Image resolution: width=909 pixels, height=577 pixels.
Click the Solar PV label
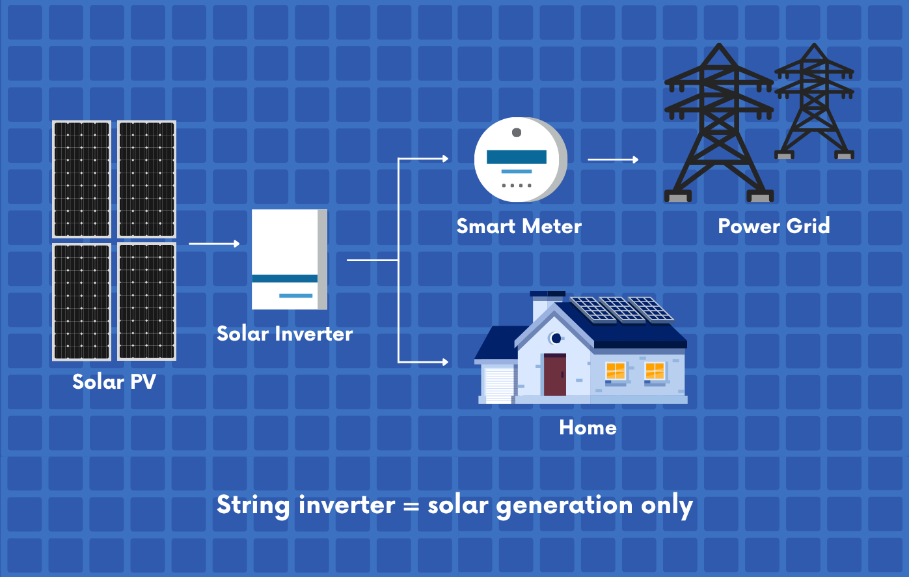[114, 381]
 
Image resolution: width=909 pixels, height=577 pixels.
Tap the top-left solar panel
[81, 179]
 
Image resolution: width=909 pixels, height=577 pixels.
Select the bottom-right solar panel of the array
[146, 302]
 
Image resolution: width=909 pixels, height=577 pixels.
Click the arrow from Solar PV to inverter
[214, 244]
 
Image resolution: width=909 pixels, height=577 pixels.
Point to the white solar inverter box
[289, 259]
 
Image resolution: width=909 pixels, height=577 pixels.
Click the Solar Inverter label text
[284, 333]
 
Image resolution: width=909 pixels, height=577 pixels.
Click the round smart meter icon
[519, 160]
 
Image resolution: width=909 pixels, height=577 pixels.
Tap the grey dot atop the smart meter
[517, 133]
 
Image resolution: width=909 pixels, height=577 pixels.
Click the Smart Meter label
[519, 226]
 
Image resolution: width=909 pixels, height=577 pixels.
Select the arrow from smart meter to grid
[612, 160]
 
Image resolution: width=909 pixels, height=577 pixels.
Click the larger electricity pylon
[718, 124]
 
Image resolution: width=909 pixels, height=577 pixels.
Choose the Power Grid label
[774, 226]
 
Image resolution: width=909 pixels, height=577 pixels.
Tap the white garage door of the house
[499, 385]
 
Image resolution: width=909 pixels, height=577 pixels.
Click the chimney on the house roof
[540, 307]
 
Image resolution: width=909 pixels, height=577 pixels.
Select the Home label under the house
[588, 427]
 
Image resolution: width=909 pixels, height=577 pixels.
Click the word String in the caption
[253, 505]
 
